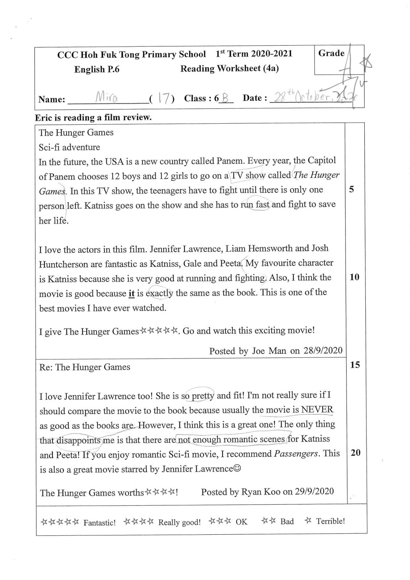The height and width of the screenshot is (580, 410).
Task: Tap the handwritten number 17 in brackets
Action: pyautogui.click(x=162, y=98)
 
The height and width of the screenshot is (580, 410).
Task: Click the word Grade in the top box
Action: pyautogui.click(x=331, y=53)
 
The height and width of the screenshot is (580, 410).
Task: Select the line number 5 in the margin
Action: pyautogui.click(x=352, y=189)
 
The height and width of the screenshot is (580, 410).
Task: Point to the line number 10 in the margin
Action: pyautogui.click(x=354, y=277)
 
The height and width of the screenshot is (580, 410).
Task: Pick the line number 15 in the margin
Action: pyautogui.click(x=355, y=365)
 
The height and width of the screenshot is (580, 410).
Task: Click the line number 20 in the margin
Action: pyautogui.click(x=356, y=452)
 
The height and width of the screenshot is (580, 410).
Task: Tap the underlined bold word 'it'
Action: pyautogui.click(x=132, y=294)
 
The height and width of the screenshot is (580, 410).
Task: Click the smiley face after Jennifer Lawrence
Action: pyautogui.click(x=237, y=468)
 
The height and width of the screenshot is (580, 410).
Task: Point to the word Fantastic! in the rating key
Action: pyautogui.click(x=99, y=523)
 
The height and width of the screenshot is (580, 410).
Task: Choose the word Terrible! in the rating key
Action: pyautogui.click(x=330, y=521)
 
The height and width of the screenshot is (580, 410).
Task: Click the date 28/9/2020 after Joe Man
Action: pyautogui.click(x=323, y=351)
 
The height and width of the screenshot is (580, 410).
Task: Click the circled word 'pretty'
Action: pyautogui.click(x=203, y=395)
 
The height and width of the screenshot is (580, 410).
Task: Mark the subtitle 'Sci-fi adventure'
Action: pyautogui.click(x=69, y=147)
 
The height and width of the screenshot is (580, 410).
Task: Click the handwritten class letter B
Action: pyautogui.click(x=225, y=98)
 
